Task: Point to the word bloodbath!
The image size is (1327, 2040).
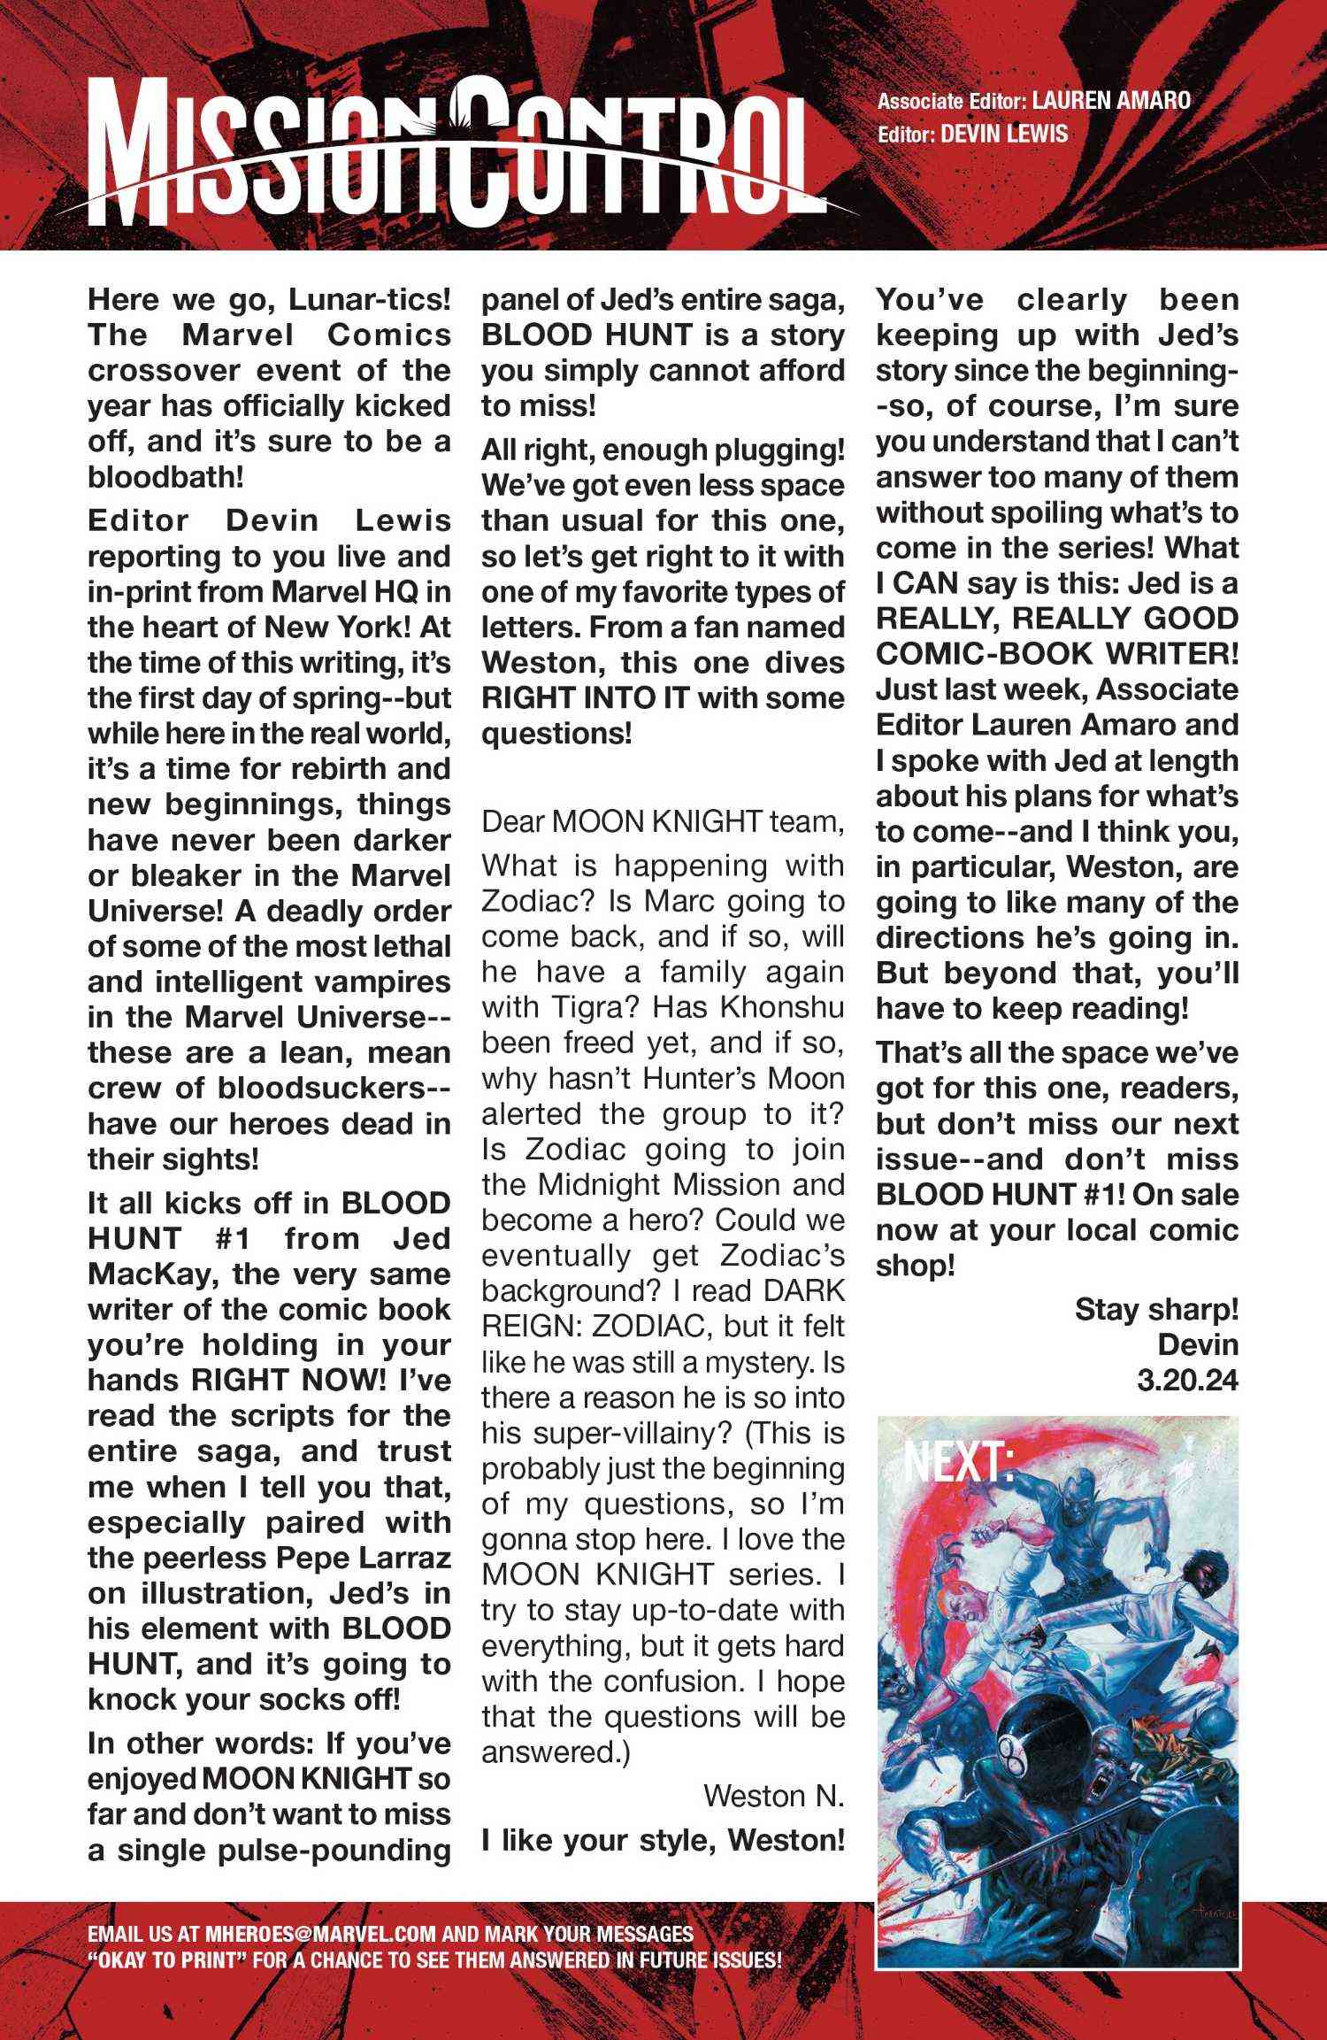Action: pyautogui.click(x=165, y=478)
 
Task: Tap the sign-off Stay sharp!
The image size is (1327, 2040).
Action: pyautogui.click(x=1155, y=1309)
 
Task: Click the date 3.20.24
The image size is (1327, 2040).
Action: pyautogui.click(x=1187, y=1380)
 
